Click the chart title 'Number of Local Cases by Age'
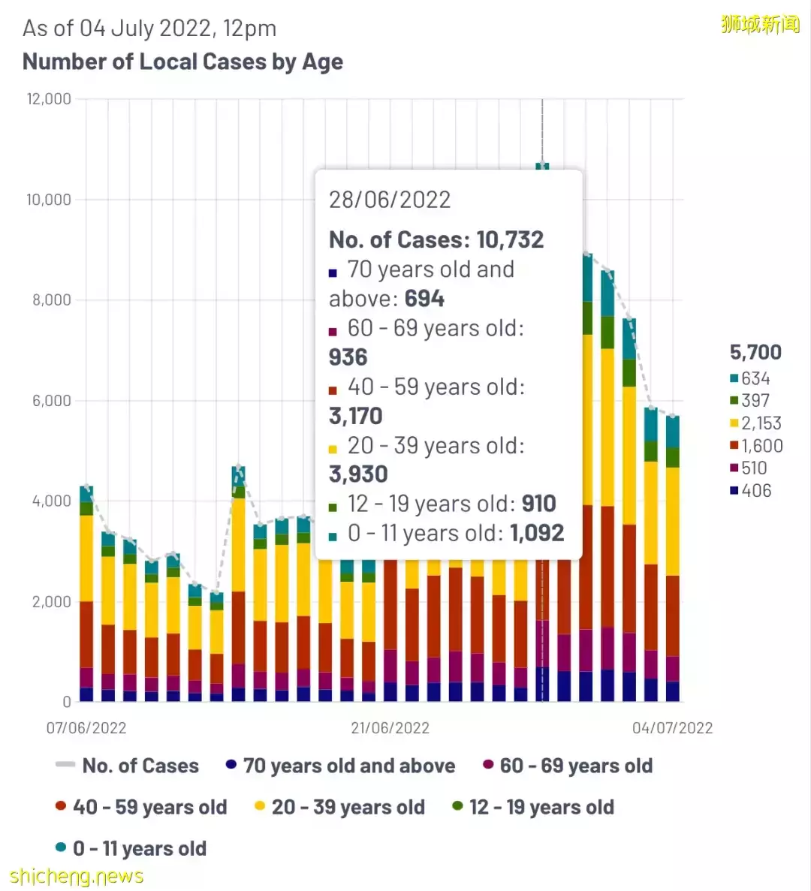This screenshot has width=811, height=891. point(182,62)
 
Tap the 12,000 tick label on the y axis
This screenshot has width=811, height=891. point(49,99)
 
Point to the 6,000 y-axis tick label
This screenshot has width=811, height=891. point(51,401)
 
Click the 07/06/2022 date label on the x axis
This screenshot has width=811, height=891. point(86,728)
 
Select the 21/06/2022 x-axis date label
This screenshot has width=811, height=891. point(390,728)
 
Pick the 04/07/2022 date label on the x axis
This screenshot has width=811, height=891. point(672,728)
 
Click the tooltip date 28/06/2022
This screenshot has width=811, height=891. point(390,200)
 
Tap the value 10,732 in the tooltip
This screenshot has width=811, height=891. point(510,239)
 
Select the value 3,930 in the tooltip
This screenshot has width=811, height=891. point(358,474)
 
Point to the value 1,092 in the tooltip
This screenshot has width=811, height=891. point(537,533)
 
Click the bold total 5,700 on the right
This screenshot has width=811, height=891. point(755,352)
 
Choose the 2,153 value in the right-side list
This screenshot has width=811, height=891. point(761,423)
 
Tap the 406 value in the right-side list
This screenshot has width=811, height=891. point(756,491)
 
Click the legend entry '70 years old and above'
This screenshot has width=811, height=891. point(348,766)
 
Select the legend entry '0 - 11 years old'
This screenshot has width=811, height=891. point(139,848)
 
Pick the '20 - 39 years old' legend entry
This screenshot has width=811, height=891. point(348,807)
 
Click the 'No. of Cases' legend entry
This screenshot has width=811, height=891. point(140,766)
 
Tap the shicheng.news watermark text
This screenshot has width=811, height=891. point(76,876)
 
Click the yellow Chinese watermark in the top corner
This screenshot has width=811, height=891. point(760,24)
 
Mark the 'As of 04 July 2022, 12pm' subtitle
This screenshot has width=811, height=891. point(149,29)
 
